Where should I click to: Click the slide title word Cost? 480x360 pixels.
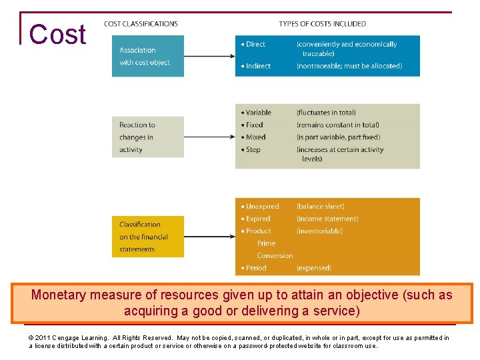click(x=58, y=35)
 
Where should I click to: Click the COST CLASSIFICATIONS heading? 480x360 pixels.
click(x=141, y=24)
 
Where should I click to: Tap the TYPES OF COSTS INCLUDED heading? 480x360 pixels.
click(x=322, y=24)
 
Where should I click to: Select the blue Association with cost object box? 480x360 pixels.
click(x=147, y=56)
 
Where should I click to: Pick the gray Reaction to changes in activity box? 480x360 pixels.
click(x=147, y=137)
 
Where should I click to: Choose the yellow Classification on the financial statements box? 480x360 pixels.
click(x=147, y=237)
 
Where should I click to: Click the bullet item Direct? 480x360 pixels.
click(x=255, y=44)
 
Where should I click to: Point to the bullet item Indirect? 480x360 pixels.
click(x=257, y=66)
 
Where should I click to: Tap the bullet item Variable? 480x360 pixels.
click(x=257, y=113)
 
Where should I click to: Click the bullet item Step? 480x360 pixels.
click(x=253, y=149)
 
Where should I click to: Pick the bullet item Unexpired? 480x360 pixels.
click(x=261, y=207)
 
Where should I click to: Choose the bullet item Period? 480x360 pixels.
click(x=255, y=268)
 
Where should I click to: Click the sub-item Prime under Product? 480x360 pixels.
click(x=266, y=243)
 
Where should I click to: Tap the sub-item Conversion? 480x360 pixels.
click(x=275, y=255)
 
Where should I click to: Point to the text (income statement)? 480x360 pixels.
click(x=327, y=219)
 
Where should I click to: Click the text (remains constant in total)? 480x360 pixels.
click(x=338, y=125)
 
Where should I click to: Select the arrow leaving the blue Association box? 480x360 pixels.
click(x=209, y=56)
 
